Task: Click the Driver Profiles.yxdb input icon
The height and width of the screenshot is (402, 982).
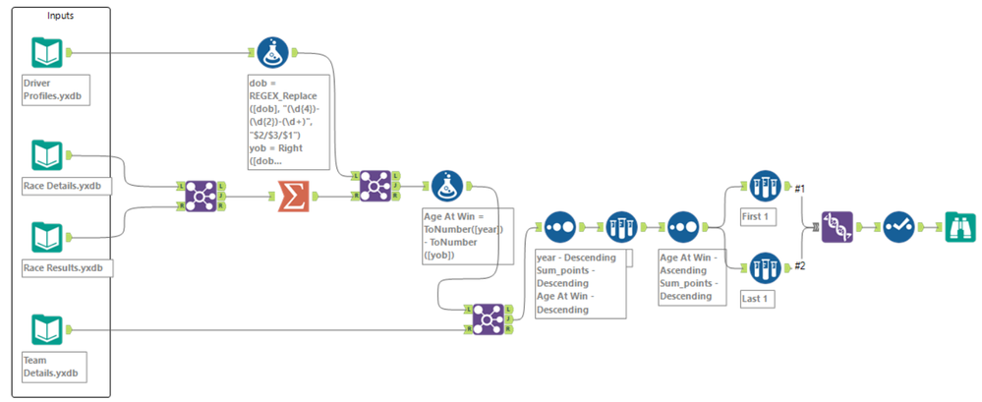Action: click(46, 53)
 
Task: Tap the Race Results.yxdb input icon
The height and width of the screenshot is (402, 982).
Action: click(46, 237)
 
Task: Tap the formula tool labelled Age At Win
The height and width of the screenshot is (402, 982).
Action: click(447, 185)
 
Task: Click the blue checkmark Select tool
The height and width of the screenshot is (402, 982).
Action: click(897, 225)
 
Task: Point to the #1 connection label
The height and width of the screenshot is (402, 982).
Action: click(801, 188)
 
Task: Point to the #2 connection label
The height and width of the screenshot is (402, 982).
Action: click(801, 265)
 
